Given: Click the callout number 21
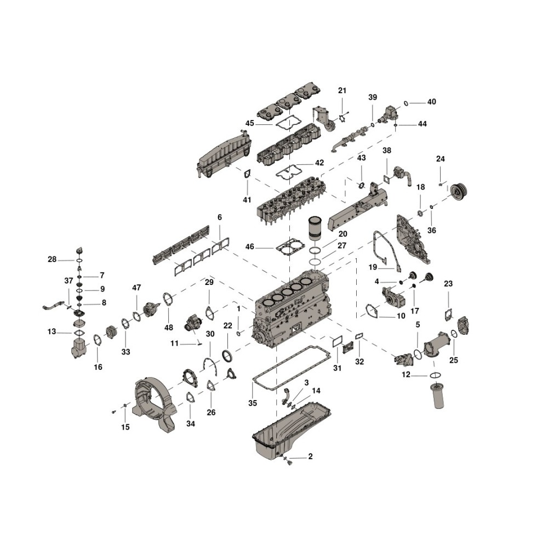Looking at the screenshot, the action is [x=342, y=90].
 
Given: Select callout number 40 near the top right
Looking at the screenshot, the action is [x=432, y=102].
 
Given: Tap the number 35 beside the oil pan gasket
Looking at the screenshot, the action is [x=253, y=403].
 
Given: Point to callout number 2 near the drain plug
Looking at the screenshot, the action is [x=310, y=456].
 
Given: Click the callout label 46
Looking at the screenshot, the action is [x=249, y=247].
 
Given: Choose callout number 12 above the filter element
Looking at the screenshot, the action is [x=406, y=375].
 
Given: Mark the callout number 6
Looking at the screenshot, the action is [x=220, y=218].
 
